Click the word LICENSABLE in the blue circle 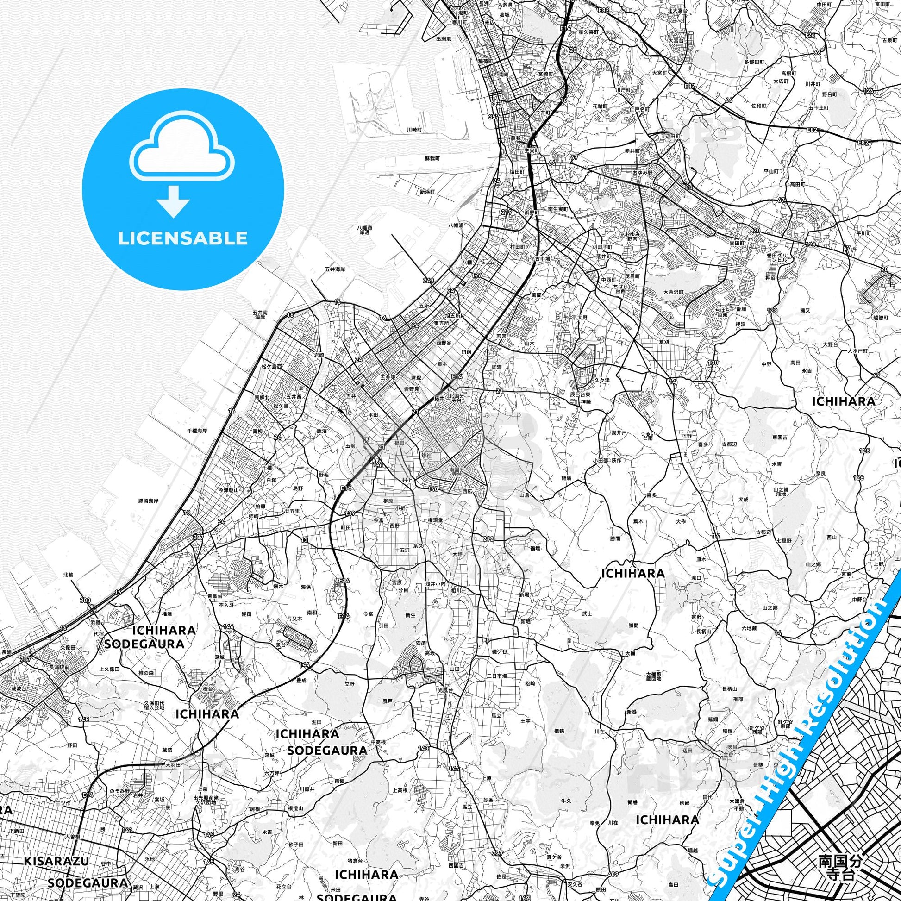[x=182, y=238]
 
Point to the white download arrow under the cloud [x=173, y=200]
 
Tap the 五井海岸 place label [x=335, y=269]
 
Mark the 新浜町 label [x=427, y=192]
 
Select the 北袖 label [x=68, y=575]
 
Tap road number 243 [x=428, y=280]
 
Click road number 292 [x=488, y=539]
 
